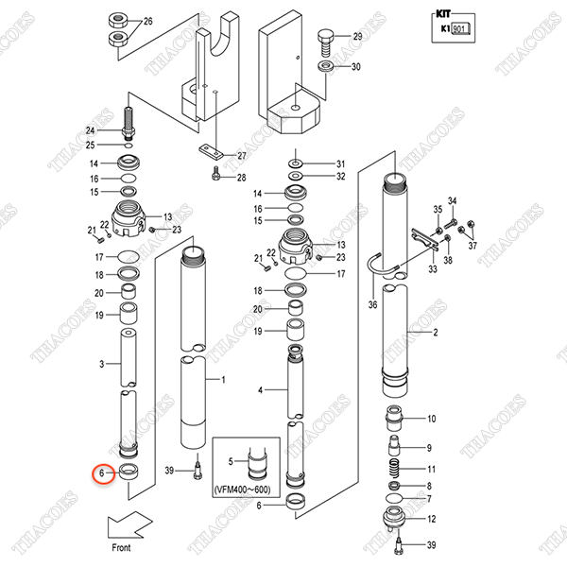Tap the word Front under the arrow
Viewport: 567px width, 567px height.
(x=120, y=547)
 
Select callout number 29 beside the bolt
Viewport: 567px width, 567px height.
(x=357, y=36)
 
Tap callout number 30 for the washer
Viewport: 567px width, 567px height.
(x=357, y=67)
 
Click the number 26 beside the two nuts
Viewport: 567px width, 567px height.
(x=147, y=21)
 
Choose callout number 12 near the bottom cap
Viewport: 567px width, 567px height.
(x=432, y=519)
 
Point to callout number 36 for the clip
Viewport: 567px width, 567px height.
(x=372, y=304)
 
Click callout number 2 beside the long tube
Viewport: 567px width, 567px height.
(x=435, y=333)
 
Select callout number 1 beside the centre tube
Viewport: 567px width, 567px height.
(x=223, y=379)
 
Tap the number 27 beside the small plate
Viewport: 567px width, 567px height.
(x=242, y=156)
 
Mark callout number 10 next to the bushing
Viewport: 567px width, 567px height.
(x=432, y=419)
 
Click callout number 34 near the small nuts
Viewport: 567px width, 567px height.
(x=452, y=202)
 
